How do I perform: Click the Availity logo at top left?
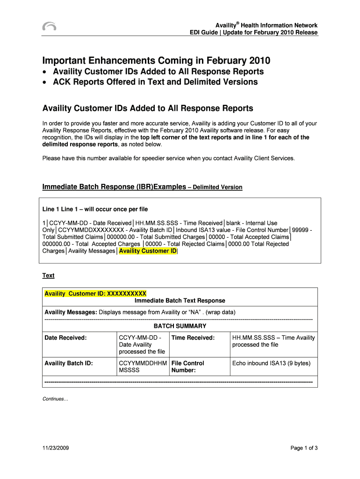[49, 27]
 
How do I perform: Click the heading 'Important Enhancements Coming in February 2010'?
[156, 61]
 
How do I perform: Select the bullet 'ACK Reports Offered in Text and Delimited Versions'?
[155, 82]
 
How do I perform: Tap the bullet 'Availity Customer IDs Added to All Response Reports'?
[158, 72]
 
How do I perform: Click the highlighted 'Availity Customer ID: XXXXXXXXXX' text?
[95, 294]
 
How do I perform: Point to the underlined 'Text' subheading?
[49, 276]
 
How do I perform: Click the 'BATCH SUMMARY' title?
[180, 326]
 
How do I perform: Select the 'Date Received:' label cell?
[65, 338]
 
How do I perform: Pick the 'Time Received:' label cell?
[193, 338]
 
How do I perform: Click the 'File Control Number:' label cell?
[187, 367]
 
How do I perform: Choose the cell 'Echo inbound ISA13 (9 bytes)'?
[271, 363]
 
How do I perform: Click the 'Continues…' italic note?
[55, 399]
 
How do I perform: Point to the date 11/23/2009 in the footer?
[56, 448]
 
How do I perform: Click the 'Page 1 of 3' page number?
[304, 448]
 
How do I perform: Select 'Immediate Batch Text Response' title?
[180, 301]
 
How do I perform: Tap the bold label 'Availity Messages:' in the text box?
[71, 312]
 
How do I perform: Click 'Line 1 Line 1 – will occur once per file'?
[95, 209]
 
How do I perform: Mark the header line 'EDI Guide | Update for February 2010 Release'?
[253, 33]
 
